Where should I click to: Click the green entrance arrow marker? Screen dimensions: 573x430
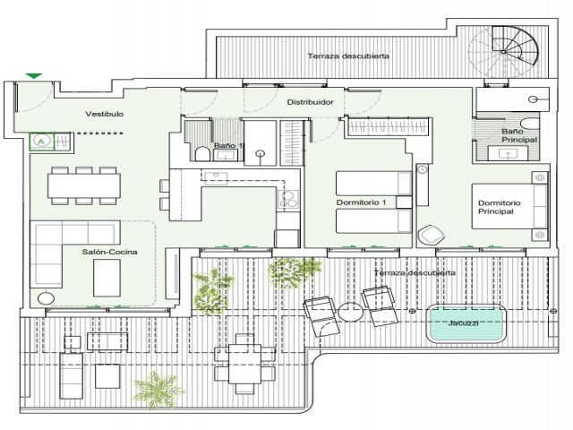(x=34, y=75)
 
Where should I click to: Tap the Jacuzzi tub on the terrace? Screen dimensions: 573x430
(x=466, y=323)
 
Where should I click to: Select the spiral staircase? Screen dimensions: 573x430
(x=504, y=51)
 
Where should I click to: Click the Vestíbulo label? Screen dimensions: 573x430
(x=104, y=114)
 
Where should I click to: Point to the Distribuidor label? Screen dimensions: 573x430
(x=311, y=102)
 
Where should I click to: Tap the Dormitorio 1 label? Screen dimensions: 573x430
(x=361, y=202)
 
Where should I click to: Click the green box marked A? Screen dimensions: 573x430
(x=42, y=142)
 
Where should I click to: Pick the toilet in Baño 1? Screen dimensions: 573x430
(x=201, y=153)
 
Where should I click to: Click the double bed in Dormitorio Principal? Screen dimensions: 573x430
(x=510, y=207)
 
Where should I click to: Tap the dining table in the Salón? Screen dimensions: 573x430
(x=84, y=185)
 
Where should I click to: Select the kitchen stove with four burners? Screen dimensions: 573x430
(x=288, y=200)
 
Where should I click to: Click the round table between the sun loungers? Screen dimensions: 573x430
(x=350, y=313)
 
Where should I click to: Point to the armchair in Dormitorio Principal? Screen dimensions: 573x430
(x=432, y=235)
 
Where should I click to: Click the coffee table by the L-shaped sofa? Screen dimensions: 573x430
(x=107, y=278)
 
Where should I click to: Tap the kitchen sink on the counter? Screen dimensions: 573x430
(x=216, y=178)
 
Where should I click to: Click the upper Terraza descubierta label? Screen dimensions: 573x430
(x=348, y=56)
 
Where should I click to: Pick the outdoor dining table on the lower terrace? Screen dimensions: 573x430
(x=244, y=364)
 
